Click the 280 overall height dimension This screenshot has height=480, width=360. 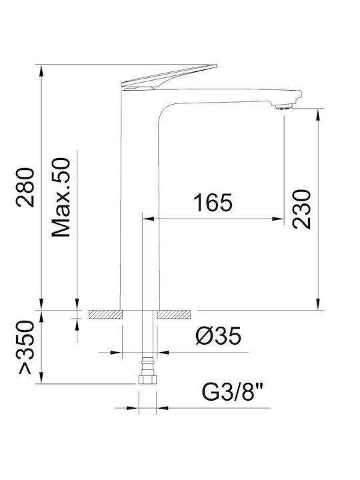pos(25,187)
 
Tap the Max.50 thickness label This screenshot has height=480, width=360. pos(61,197)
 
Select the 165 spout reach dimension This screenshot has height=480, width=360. pos(213,203)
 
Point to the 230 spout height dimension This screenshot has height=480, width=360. pos(301,209)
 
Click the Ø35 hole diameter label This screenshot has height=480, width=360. pos(219,336)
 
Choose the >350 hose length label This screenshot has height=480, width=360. pos(26,347)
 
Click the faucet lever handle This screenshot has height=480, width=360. pos(169,77)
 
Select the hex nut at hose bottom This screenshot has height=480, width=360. pos(147,379)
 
